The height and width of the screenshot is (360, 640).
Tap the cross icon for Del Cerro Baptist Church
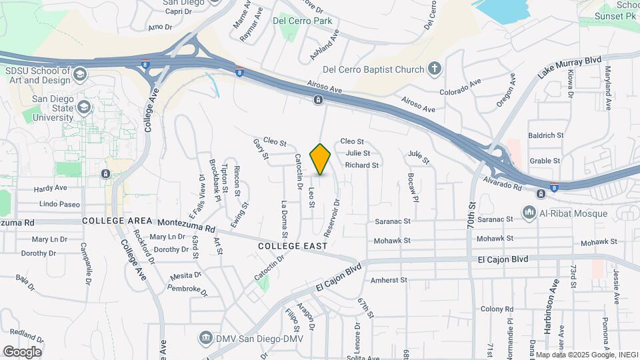pos(435,69)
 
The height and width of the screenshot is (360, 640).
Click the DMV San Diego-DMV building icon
pos(207,339)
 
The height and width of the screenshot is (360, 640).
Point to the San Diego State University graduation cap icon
pos(83,107)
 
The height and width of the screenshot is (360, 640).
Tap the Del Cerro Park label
pos(303,21)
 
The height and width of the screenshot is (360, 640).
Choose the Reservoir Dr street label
pos(331,217)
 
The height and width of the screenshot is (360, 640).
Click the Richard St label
pos(362,165)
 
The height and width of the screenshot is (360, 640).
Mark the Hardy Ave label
pos(51,188)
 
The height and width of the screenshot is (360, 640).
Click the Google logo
pos(22,351)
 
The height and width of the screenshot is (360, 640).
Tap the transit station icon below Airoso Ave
pos(319,100)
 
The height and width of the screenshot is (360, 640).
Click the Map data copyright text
pos(587,355)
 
